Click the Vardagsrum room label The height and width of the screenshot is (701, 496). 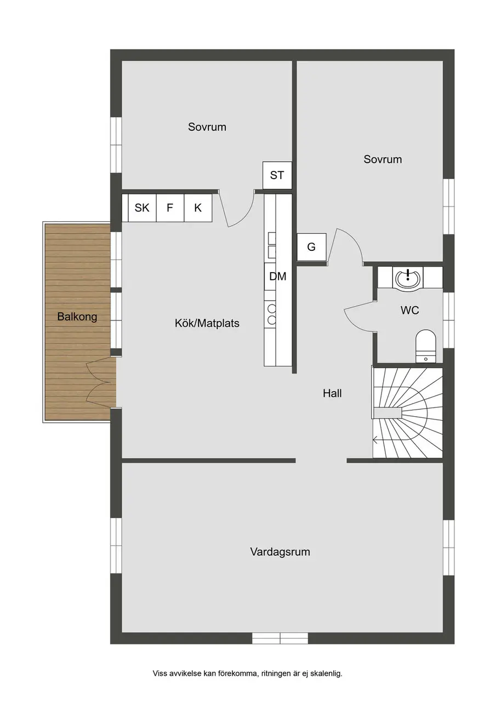(280, 560)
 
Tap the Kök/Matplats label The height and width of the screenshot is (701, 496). (207, 323)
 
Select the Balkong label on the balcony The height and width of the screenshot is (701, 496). (77, 317)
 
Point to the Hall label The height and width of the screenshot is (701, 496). (332, 393)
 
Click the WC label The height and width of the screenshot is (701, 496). (409, 310)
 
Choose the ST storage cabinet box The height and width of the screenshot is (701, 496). (277, 175)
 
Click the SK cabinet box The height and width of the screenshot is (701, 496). (142, 208)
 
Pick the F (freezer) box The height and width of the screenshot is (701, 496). (170, 208)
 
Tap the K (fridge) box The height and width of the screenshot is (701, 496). (198, 208)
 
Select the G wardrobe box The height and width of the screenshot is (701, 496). (311, 247)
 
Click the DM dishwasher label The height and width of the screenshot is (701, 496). (278, 277)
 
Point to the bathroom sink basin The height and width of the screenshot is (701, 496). (408, 277)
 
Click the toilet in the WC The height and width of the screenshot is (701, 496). (425, 346)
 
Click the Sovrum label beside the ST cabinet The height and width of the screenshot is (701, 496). (207, 127)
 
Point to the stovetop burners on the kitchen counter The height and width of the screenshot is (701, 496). (272, 314)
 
